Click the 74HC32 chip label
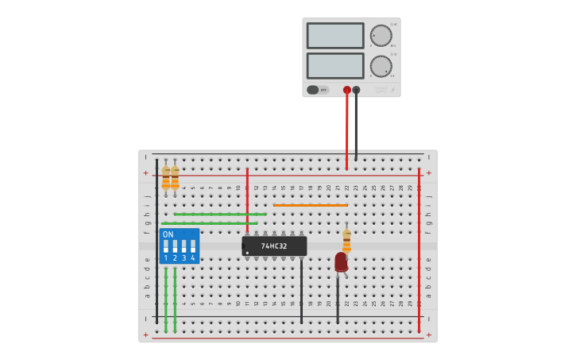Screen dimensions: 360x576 [274, 246]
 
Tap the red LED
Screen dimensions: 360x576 [341, 261]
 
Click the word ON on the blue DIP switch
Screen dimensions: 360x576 [168, 234]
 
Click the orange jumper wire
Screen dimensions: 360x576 [310, 205]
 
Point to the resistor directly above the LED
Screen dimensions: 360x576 [346, 241]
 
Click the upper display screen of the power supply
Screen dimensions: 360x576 [334, 36]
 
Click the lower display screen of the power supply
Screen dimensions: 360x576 [334, 65]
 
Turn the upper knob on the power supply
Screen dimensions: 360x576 [381, 36]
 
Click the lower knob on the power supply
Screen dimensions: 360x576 [381, 66]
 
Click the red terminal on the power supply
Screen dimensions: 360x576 [346, 90]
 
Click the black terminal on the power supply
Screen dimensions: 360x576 [356, 90]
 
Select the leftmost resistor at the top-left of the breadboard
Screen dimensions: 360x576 [165, 178]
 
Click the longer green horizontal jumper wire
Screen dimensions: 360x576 [209, 223]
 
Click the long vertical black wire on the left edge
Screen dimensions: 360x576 [157, 238]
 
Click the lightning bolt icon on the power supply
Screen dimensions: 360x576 [392, 90]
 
